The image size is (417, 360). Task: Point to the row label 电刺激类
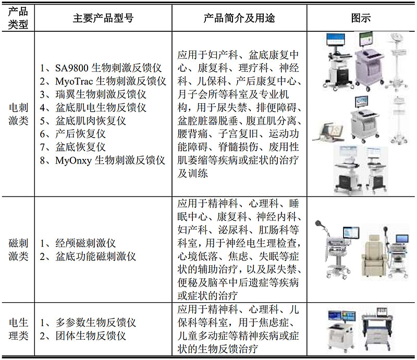(19, 114)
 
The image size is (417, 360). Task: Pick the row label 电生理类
(19, 329)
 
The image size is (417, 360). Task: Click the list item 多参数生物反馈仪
(93, 322)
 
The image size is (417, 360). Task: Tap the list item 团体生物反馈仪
(88, 336)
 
